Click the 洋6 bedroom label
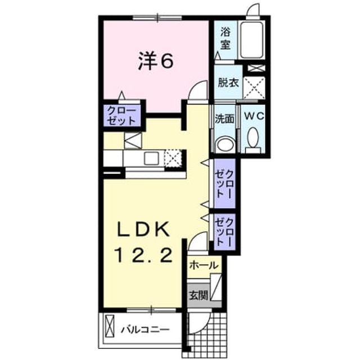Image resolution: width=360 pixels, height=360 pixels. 155,62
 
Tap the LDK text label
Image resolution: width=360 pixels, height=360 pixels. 144,229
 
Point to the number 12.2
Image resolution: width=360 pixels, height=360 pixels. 145,256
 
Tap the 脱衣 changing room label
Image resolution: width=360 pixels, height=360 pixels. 228,83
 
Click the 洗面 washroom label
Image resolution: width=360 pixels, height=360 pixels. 224,119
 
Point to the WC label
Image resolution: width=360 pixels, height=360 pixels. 254,116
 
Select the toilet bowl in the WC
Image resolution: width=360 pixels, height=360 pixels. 253,137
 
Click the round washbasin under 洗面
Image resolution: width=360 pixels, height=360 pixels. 226,144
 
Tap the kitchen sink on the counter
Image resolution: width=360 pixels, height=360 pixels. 150,158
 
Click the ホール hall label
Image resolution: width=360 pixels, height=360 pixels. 203,265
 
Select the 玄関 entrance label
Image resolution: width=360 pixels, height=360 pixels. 199,295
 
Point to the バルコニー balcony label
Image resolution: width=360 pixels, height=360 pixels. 145,330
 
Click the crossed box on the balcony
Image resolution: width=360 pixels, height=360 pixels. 110,326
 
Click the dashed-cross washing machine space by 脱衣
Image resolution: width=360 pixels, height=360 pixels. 254,88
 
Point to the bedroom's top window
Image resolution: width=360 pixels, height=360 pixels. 157,17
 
